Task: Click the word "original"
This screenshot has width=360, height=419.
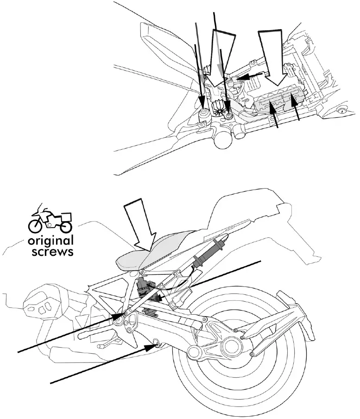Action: click(51, 241)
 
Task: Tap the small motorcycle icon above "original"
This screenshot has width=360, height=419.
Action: click(51, 220)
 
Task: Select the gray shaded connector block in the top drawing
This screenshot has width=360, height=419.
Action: click(278, 103)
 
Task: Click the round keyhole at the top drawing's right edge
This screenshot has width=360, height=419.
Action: click(342, 110)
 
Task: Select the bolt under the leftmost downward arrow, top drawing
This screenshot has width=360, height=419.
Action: click(203, 114)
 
